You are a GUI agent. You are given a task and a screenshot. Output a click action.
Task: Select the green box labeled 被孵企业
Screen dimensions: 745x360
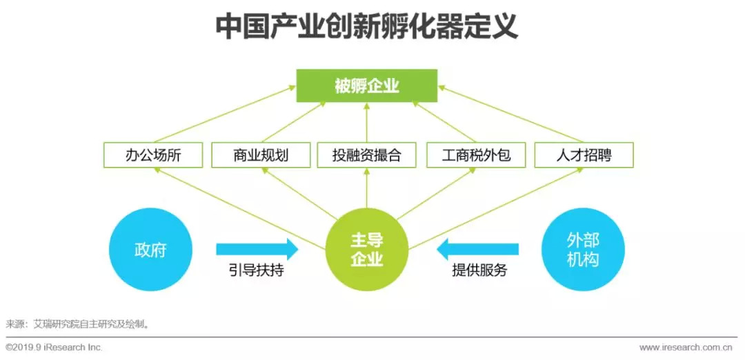[366, 86]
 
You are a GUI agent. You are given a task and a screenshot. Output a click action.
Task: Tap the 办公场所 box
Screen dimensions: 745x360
[152, 155]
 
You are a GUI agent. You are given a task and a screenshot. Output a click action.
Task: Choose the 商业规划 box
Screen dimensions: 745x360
[261, 155]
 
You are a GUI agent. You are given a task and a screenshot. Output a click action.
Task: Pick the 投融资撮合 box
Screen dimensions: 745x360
[367, 155]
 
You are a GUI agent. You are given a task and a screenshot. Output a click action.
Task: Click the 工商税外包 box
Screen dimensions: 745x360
[476, 155]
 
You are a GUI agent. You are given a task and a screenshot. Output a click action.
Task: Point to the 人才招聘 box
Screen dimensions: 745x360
[584, 155]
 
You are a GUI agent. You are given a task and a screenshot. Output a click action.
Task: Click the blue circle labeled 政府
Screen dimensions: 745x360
[150, 250]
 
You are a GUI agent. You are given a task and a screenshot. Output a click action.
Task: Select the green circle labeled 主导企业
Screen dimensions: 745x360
[366, 250]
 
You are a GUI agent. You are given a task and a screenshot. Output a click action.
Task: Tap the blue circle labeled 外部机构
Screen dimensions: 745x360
[583, 250]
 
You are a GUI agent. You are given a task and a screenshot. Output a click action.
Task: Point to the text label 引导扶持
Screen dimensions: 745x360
[256, 271]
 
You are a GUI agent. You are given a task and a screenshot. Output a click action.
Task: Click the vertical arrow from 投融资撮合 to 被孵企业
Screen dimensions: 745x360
[366, 123]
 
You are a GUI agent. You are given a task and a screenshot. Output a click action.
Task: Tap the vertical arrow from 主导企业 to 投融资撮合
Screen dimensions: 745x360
[366, 188]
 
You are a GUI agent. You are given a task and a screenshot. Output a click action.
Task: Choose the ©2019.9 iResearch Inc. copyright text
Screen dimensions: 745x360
[54, 348]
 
